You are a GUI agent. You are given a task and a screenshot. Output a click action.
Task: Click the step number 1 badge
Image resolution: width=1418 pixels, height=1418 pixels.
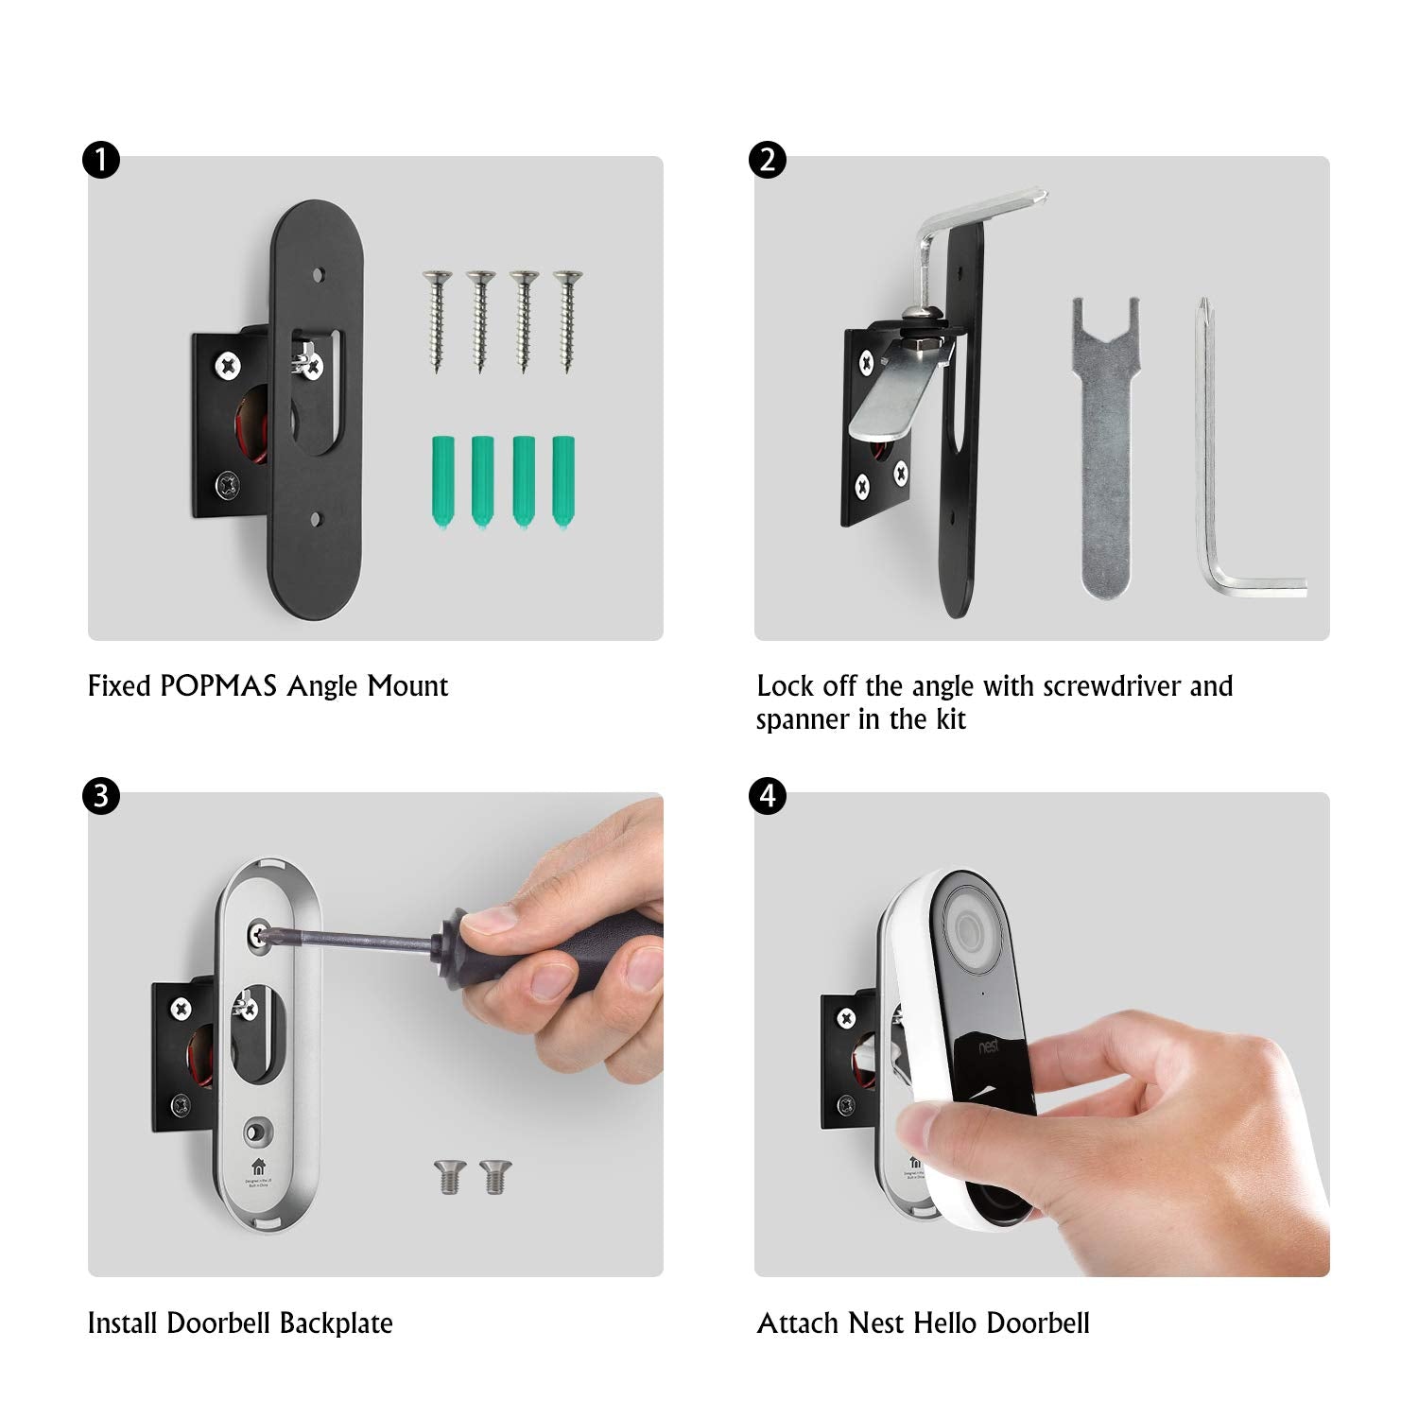(x=101, y=160)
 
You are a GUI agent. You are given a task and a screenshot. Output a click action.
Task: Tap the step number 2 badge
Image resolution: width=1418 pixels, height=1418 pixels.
(x=768, y=160)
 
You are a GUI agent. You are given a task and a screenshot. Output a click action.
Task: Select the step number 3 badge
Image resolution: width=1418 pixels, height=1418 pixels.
(x=101, y=796)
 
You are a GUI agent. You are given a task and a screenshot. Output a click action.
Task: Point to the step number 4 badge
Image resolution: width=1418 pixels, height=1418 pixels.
(x=768, y=796)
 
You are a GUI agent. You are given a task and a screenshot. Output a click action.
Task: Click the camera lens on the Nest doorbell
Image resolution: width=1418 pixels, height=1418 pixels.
(x=972, y=931)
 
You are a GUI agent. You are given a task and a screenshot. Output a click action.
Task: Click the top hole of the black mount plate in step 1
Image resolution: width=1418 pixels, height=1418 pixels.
(x=319, y=276)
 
